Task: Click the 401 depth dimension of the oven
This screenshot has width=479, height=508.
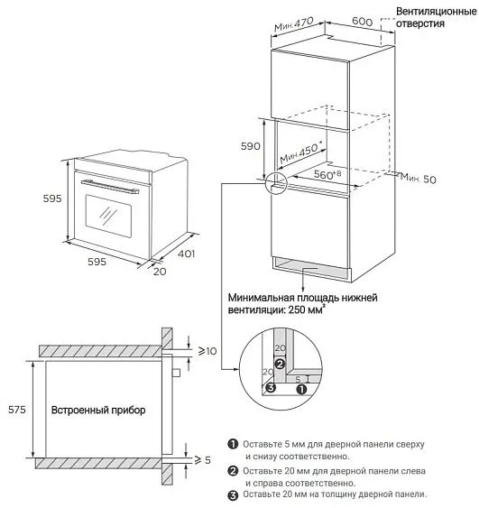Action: [x=186, y=254]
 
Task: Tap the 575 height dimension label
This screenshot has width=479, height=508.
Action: [x=17, y=410]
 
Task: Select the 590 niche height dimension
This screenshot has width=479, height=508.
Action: [x=251, y=146]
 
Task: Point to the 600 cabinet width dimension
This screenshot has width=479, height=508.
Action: [x=362, y=22]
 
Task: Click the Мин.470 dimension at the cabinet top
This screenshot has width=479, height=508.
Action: [x=294, y=24]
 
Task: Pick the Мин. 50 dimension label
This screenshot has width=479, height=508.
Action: [x=419, y=178]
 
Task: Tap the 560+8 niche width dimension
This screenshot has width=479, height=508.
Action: [x=327, y=175]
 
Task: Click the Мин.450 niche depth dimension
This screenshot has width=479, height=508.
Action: [x=301, y=153]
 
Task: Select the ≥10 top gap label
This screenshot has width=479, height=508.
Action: [x=207, y=351]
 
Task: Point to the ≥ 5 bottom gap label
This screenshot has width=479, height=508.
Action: [x=202, y=460]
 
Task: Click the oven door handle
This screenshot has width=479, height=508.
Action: [x=110, y=187]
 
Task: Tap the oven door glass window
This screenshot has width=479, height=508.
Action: [x=108, y=216]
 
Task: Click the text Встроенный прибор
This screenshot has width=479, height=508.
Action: [x=98, y=410]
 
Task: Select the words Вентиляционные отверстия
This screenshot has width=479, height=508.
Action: [x=437, y=17]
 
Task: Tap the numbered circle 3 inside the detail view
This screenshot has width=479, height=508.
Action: [x=271, y=387]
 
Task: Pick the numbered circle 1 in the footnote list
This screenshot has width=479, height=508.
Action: [x=233, y=444]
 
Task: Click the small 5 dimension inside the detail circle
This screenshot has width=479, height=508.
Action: [x=298, y=379]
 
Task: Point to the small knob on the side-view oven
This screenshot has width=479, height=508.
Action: [x=176, y=373]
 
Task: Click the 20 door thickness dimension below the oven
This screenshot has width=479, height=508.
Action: [x=160, y=272]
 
